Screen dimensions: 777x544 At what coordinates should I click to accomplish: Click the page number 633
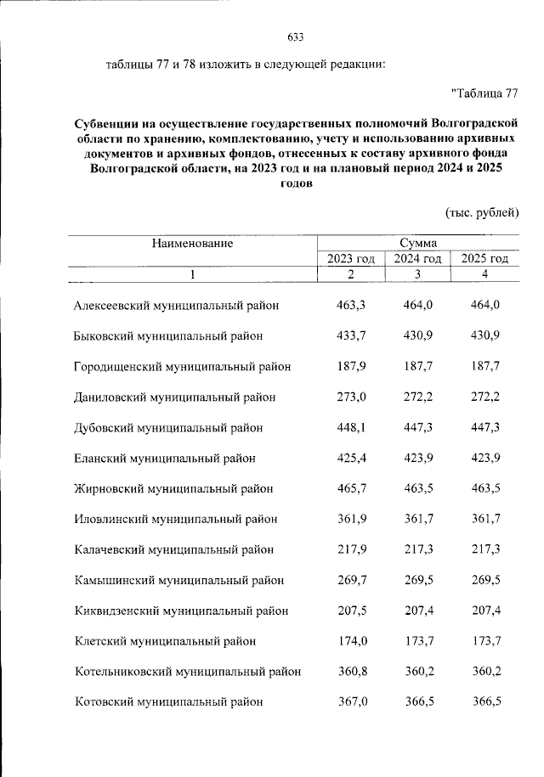[x=296, y=37]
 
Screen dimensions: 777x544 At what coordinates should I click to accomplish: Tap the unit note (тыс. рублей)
[x=482, y=211]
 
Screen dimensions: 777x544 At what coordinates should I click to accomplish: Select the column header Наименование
[x=192, y=244]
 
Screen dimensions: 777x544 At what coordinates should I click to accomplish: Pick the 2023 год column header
[x=351, y=259]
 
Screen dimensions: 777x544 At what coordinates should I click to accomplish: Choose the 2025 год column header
[x=484, y=259]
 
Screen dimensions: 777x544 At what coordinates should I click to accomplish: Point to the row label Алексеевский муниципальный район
[x=177, y=304]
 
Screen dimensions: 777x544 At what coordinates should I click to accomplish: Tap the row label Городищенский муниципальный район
[x=183, y=366]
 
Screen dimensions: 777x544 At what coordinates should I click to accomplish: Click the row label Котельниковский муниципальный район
[x=188, y=672]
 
